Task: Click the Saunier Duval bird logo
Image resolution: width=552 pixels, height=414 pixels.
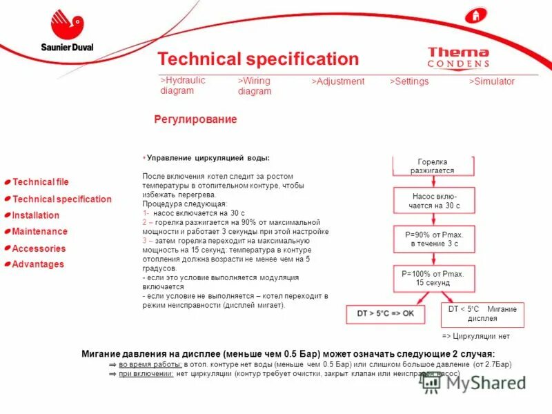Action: (x=66, y=25)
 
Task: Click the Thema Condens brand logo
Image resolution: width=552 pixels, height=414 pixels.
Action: (x=458, y=57)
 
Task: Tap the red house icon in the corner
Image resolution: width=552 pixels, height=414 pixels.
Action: (x=473, y=15)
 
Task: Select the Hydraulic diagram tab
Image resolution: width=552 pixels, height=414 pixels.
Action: (x=183, y=86)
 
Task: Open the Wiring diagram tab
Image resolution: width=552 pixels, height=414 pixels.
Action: (x=255, y=86)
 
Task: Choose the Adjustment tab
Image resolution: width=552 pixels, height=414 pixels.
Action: (x=337, y=81)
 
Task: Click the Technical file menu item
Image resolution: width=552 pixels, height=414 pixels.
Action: (x=41, y=182)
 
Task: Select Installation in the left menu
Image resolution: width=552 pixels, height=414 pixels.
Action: (x=36, y=215)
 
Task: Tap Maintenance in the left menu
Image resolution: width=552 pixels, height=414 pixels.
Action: (x=40, y=232)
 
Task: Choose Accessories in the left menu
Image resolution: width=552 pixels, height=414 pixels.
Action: (x=39, y=248)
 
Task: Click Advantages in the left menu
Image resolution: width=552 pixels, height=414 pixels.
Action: (x=38, y=264)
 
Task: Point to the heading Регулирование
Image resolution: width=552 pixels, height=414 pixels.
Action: (x=195, y=119)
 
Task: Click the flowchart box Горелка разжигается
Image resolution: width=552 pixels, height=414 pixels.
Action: (x=433, y=166)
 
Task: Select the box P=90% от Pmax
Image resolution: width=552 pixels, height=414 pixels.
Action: (x=433, y=239)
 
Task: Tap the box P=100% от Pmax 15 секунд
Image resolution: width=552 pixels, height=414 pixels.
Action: (x=433, y=278)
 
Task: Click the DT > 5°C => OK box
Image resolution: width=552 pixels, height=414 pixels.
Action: (x=385, y=314)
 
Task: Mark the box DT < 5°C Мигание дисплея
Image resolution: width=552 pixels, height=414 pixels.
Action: (x=482, y=314)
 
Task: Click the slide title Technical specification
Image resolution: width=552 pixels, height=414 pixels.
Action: (x=258, y=59)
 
